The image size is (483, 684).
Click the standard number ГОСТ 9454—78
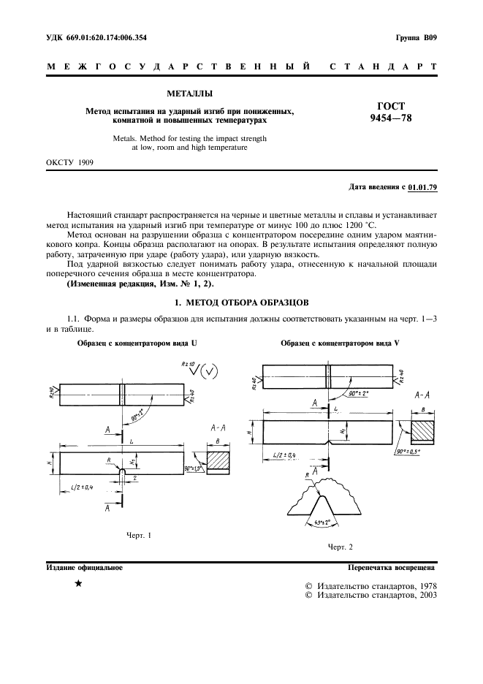[x=392, y=112]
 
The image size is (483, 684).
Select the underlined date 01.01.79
[x=422, y=188]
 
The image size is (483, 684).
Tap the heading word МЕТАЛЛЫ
[x=190, y=94]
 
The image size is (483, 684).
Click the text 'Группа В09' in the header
[x=416, y=37]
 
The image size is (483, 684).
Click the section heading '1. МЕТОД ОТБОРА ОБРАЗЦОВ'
[x=241, y=302]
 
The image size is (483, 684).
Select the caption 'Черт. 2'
[x=340, y=547]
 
